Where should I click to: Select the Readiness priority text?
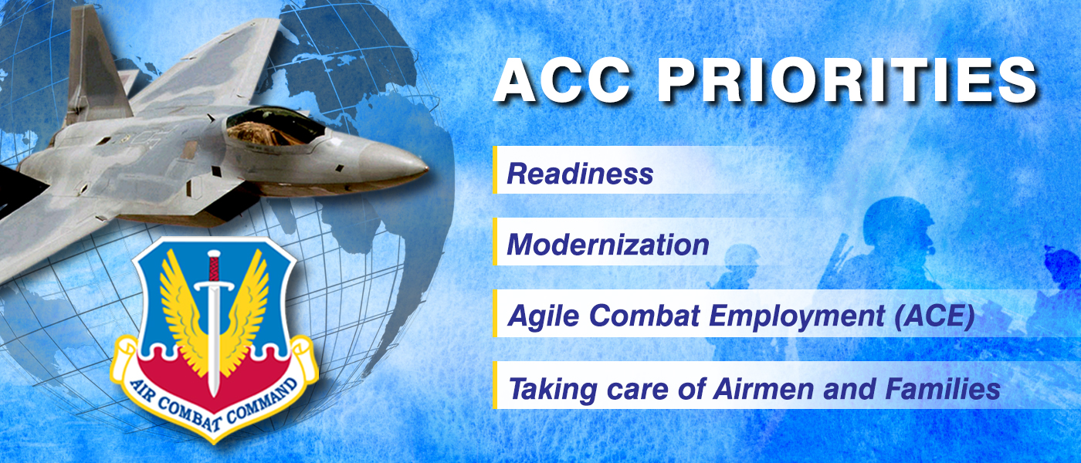[x=580, y=174]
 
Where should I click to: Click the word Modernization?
[x=608, y=245]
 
